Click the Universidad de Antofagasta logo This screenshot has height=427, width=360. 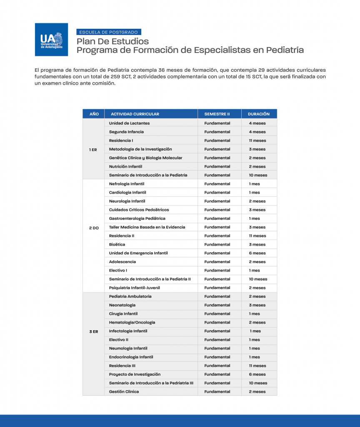point(51,40)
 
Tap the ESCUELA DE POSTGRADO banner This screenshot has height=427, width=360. point(109,32)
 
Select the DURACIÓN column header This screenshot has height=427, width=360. point(259,114)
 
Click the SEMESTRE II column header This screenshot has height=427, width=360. point(217,114)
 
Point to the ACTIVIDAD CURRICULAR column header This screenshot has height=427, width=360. point(135,114)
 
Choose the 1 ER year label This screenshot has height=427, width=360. point(93,149)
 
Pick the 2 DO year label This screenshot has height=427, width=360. point(94,227)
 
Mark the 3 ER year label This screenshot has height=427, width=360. point(93,331)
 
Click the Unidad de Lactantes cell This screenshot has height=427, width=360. point(129,123)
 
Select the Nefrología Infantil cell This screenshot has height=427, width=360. point(127,184)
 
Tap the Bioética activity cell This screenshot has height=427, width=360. point(117,244)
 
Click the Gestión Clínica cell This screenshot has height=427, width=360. point(124,392)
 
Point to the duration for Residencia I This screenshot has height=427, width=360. point(257,141)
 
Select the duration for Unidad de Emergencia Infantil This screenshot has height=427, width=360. point(257,253)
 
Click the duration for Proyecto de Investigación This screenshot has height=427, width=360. point(257,374)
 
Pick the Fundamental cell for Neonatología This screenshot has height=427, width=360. point(217,305)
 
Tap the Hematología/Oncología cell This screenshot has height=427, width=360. point(132,322)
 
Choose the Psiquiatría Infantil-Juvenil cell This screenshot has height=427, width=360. point(134,288)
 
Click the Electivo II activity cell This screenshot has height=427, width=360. point(119,340)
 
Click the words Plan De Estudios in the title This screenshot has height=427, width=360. point(112,41)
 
